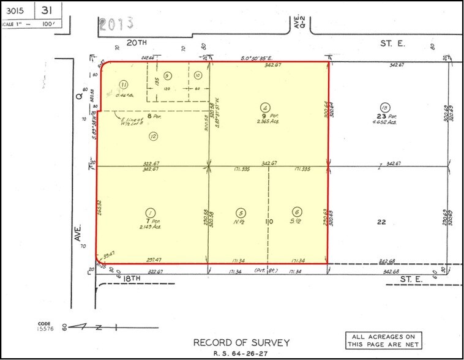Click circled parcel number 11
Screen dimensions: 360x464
pos(124,84)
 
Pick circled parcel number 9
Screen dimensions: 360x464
pos(167,75)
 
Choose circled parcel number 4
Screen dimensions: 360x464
pos(264,105)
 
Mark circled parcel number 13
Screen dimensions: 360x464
pos(384,105)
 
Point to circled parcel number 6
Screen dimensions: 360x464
pos(297,211)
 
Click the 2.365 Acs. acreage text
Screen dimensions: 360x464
pos(266,121)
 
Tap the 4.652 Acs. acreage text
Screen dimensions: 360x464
pos(386,121)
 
